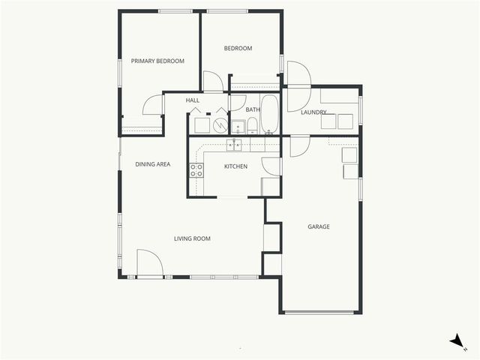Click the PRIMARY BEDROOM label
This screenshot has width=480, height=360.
pyautogui.click(x=157, y=61)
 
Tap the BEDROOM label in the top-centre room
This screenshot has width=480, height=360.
pyautogui.click(x=238, y=49)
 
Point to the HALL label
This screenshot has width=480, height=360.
pyautogui.click(x=193, y=100)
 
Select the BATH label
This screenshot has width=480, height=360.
pyautogui.click(x=253, y=109)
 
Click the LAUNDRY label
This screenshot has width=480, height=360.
pyautogui.click(x=313, y=112)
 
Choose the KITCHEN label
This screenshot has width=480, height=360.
pyautogui.click(x=235, y=166)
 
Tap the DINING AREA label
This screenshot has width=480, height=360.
pyautogui.click(x=152, y=163)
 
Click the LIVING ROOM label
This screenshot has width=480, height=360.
pyautogui.click(x=192, y=238)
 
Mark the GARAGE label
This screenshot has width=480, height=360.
pyautogui.click(x=319, y=226)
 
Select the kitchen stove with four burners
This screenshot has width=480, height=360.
pyautogui.click(x=196, y=170)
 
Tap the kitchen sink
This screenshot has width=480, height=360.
pyautogui.click(x=235, y=145)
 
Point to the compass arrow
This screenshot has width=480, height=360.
pyautogui.click(x=456, y=341)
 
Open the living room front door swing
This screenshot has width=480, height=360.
pyautogui.click(x=150, y=263)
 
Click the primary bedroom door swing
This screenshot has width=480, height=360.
pyautogui.click(x=154, y=104)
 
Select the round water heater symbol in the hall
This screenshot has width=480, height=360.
pyautogui.click(x=220, y=125)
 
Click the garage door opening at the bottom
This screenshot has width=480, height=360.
pyautogui.click(x=319, y=312)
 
